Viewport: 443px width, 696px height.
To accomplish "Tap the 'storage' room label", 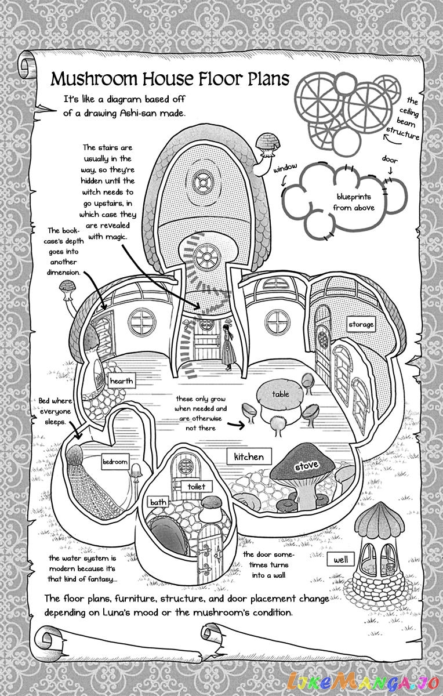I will tap(361, 324).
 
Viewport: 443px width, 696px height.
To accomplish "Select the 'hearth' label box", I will tap(122, 381).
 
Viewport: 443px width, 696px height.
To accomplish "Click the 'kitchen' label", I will tap(249, 457).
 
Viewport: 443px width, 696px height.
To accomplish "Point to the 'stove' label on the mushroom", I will tap(306, 466).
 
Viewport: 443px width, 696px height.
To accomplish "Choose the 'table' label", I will tap(281, 394).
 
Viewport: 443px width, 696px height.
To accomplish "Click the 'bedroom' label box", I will tap(115, 462).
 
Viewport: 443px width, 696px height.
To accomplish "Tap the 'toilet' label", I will tap(197, 486).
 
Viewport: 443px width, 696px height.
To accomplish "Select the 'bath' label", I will tap(158, 502).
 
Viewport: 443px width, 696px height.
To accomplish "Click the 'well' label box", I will tap(341, 560).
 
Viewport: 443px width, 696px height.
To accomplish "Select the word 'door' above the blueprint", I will tap(390, 158).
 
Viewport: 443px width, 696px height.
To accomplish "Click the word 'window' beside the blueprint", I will tap(285, 168).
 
